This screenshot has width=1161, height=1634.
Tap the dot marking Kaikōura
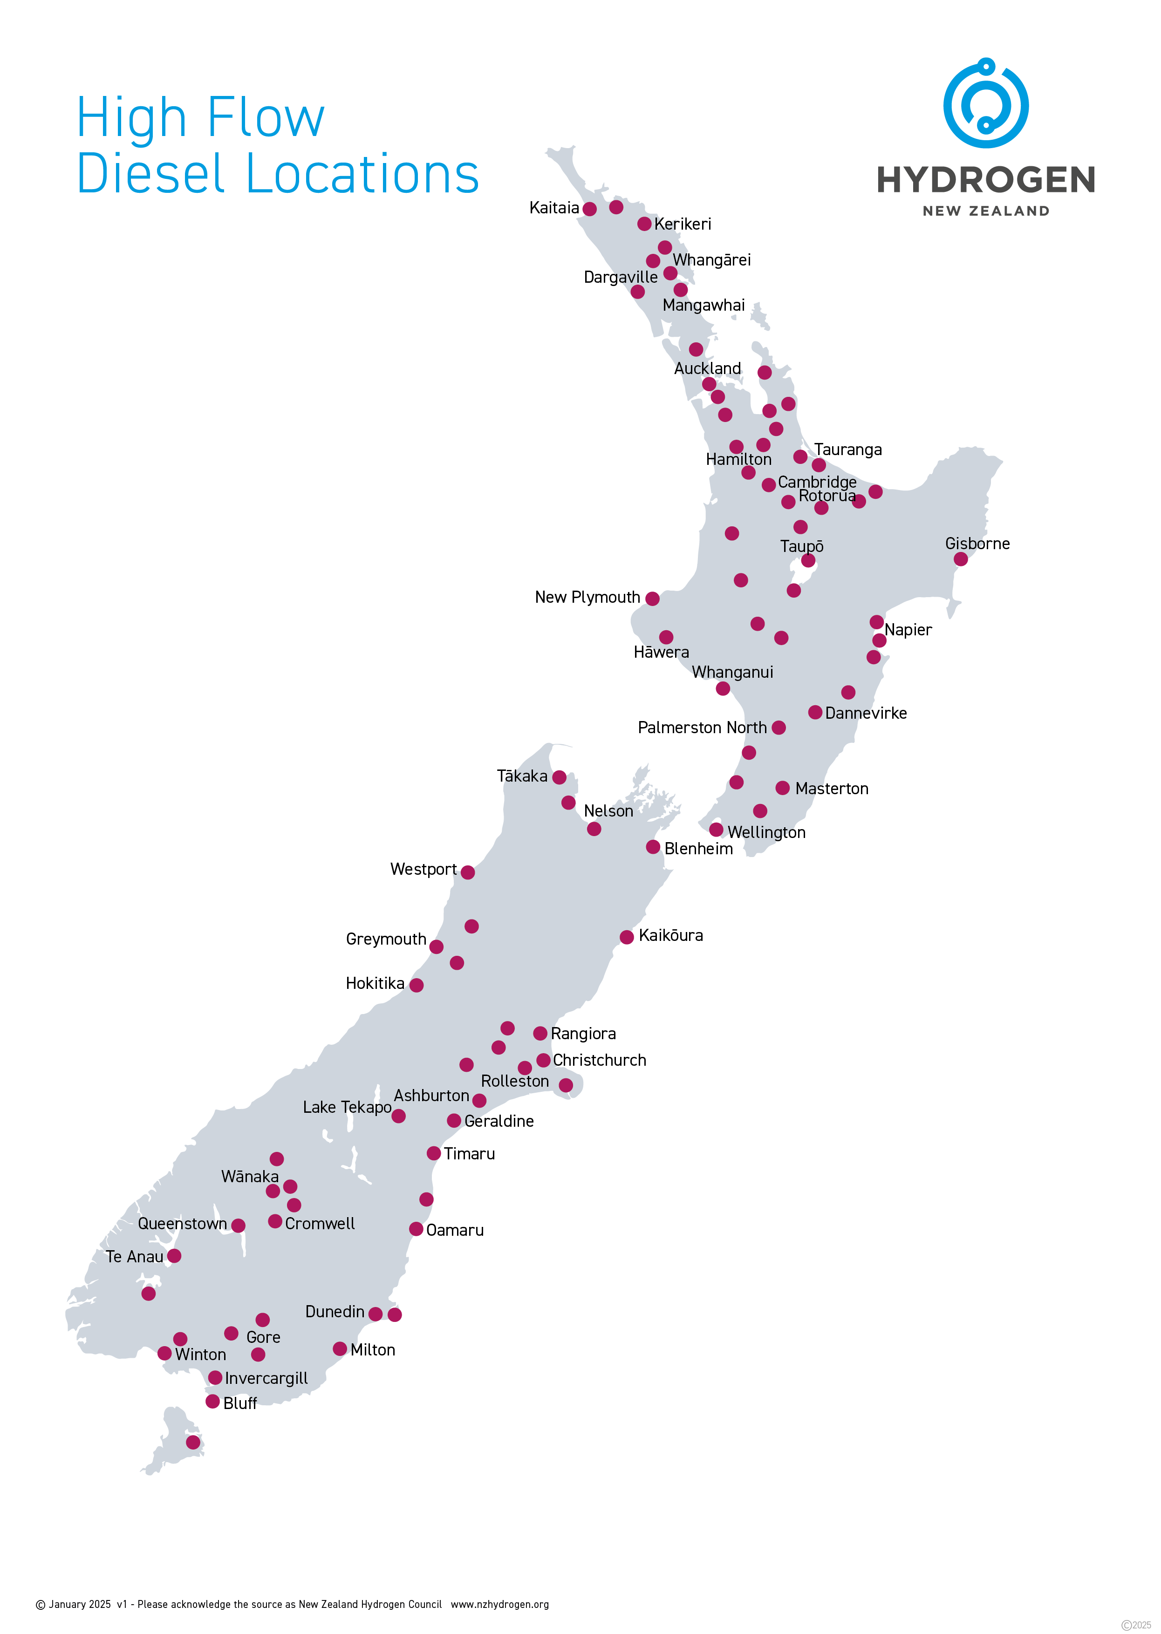[x=626, y=937]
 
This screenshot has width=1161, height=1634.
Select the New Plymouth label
[x=587, y=598]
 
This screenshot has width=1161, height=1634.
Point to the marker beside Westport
[x=468, y=872]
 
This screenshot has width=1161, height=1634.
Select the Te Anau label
[x=134, y=1257]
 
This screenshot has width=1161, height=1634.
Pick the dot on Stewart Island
[x=193, y=1443]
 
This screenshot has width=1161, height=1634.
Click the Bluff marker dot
[x=212, y=1401]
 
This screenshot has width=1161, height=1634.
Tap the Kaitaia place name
[x=554, y=208]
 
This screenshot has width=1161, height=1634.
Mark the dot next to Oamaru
[x=416, y=1229]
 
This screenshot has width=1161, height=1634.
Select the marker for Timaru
[x=433, y=1153]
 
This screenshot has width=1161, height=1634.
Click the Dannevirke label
[x=865, y=713]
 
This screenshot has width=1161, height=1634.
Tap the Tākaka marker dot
[x=559, y=777]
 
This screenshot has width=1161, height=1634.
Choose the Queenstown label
[x=182, y=1224]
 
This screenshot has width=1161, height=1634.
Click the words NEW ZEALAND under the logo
[x=985, y=211]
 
